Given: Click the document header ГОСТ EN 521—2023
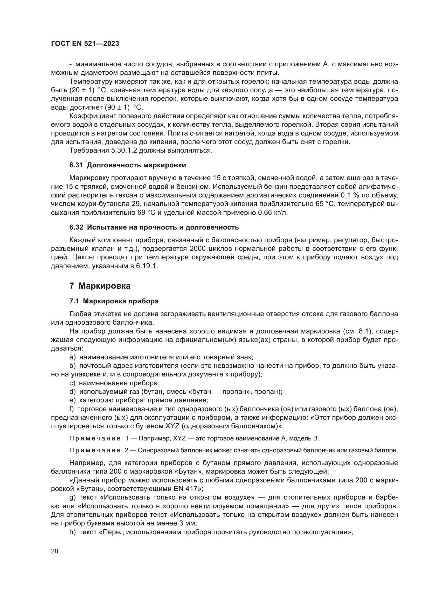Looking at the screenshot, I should pos(85,44).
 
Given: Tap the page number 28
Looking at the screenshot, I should pos(55,551).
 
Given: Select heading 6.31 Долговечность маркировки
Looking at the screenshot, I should pos(128,165).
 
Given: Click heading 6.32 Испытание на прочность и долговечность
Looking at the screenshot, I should pos(154,227).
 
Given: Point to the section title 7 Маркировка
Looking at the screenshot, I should pos(100,286).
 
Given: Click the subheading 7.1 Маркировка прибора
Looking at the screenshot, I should pos(114,301).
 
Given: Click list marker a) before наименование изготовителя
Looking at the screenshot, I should pos(72,357).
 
